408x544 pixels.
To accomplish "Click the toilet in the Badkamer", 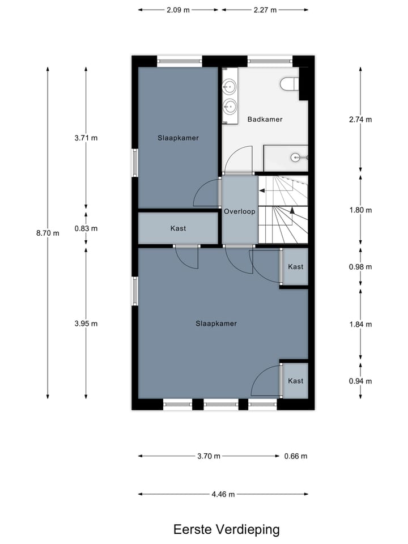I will (289, 84).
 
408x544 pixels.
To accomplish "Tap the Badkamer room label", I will (265, 120).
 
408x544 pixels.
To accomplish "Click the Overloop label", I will (239, 211).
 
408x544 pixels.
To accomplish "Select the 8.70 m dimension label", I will (48, 233).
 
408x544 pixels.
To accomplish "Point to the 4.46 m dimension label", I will (224, 494).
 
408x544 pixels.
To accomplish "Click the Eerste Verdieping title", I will (227, 529).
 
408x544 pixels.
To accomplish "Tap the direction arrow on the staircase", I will (292, 211).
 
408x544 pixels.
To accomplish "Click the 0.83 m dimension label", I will (86, 228).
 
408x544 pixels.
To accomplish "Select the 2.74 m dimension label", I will (360, 120).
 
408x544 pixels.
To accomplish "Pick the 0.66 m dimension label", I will (296, 456).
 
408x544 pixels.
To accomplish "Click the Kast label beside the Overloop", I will (178, 228).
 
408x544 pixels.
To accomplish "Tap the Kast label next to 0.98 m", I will (295, 267).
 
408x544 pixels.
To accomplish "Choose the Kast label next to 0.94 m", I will (295, 381).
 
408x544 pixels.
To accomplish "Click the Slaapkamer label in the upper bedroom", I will (178, 138).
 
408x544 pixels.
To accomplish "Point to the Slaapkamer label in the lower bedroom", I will (216, 324).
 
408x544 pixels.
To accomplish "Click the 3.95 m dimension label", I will (86, 324).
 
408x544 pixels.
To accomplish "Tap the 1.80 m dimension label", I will (360, 210).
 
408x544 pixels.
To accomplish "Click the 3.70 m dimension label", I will (209, 456).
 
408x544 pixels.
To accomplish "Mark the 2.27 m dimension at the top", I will (265, 10).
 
